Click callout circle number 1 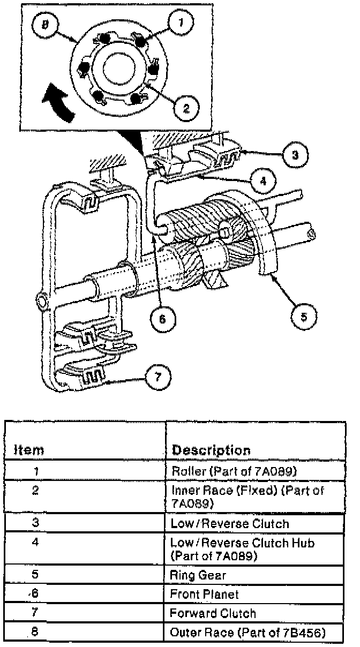click(x=181, y=22)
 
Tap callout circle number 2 click(x=186, y=109)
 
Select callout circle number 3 click(x=295, y=155)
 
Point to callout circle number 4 click(x=263, y=182)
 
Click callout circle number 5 click(x=304, y=317)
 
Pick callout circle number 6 click(x=163, y=319)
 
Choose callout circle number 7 click(x=157, y=377)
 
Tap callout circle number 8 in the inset click(x=45, y=26)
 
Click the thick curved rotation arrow click(x=58, y=101)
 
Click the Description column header click(x=211, y=450)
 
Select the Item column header click(x=29, y=450)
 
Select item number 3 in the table click(x=35, y=523)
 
